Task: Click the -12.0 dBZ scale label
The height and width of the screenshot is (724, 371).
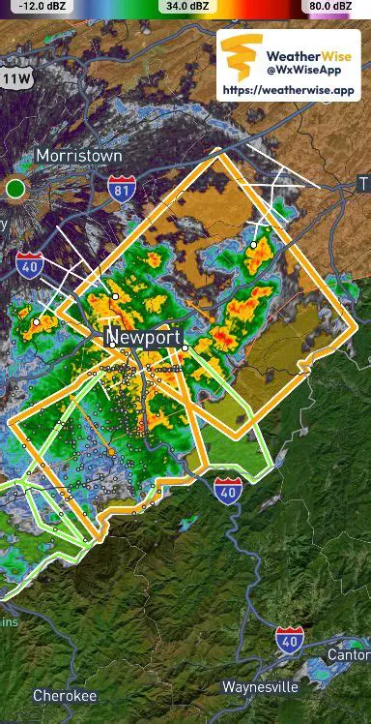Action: tap(39, 6)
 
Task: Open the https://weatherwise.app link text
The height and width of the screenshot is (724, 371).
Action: tap(290, 90)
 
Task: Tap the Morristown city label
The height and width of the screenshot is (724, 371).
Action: tap(78, 156)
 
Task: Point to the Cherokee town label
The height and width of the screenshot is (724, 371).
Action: tap(65, 696)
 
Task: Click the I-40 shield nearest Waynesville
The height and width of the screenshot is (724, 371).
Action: tap(289, 638)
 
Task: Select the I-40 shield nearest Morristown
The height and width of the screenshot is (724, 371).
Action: tap(29, 263)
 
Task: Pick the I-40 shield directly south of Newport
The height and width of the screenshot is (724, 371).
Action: tap(228, 490)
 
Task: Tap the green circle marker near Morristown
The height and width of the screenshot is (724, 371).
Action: tap(15, 188)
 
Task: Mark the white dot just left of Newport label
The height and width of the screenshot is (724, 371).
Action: tap(113, 343)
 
